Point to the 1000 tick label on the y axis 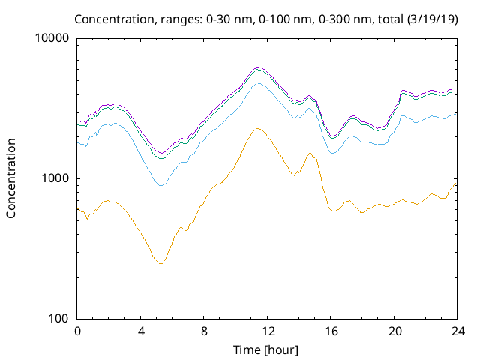[57, 178]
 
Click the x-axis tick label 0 [77, 331]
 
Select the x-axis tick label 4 [141, 331]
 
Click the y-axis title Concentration [11, 178]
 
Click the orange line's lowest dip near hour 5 [160, 263]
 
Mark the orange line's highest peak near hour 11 [257, 128]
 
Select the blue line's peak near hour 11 [258, 82]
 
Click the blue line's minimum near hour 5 [160, 184]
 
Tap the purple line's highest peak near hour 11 [258, 67]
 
